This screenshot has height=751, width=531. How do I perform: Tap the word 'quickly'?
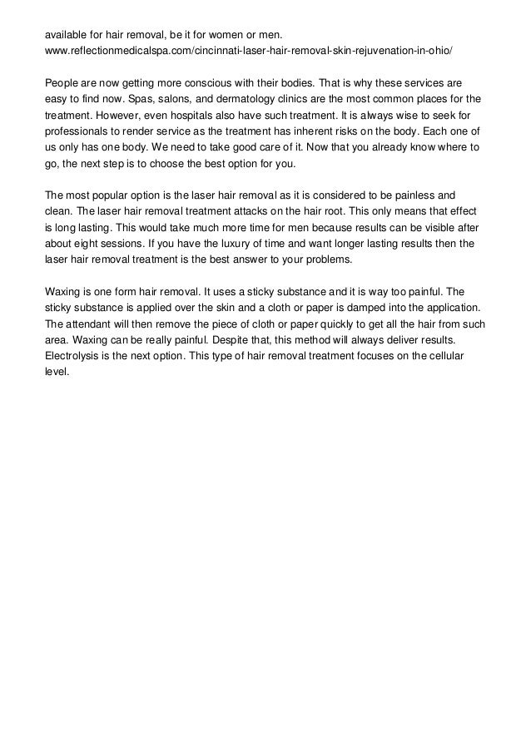327,324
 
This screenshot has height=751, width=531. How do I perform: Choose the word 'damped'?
345,308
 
